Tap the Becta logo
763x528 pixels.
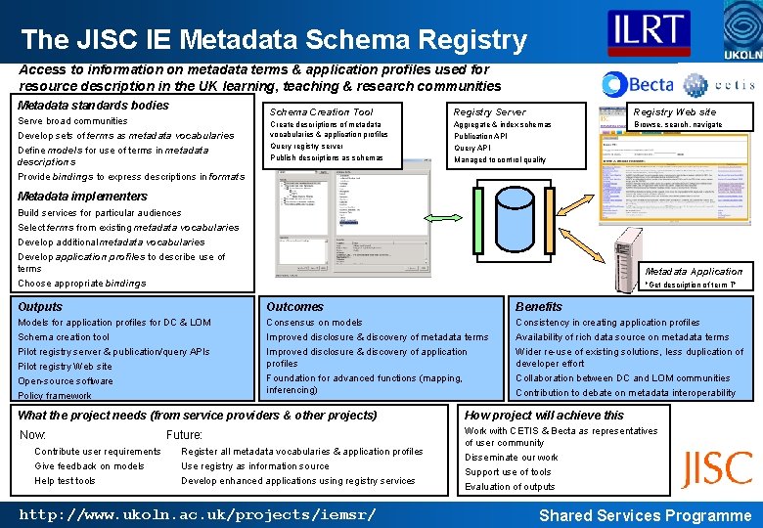639,84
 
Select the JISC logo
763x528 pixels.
717,469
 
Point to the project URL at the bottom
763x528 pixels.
197,514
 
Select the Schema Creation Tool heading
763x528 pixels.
321,111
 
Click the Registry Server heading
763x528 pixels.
489,111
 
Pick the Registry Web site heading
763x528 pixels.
675,111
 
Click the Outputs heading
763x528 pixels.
40,307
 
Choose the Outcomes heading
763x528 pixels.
294,307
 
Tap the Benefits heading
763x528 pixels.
539,307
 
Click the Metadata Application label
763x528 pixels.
694,271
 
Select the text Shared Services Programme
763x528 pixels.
646,515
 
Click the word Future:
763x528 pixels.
184,434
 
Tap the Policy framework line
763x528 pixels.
54,396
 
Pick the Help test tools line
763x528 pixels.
65,480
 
